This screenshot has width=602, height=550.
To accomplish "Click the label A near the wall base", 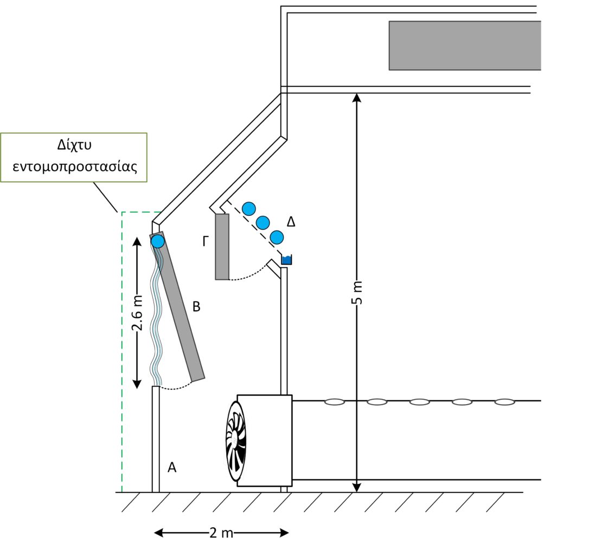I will click(x=172, y=467).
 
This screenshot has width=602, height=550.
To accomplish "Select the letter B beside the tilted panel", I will click(x=196, y=307).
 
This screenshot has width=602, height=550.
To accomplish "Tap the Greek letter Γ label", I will click(x=205, y=241).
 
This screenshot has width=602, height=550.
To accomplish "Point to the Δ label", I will click(x=291, y=221).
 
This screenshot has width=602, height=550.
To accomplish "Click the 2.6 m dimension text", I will click(x=138, y=314).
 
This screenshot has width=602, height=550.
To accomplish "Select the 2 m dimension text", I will click(x=221, y=533).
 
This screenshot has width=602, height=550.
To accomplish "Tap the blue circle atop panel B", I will click(x=158, y=241).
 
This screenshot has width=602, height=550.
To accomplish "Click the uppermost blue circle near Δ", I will click(x=249, y=208).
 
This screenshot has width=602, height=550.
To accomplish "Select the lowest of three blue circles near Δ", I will click(x=277, y=237).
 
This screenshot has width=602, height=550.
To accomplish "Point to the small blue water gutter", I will click(x=286, y=260).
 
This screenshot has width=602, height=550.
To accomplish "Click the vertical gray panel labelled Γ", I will click(x=222, y=247).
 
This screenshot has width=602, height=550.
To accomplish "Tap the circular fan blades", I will click(x=236, y=441).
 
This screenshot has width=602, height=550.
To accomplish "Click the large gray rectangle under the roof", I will click(x=465, y=46).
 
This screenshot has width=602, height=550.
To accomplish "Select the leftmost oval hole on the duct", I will click(x=335, y=402).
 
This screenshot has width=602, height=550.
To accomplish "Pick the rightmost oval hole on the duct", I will click(x=504, y=402).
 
